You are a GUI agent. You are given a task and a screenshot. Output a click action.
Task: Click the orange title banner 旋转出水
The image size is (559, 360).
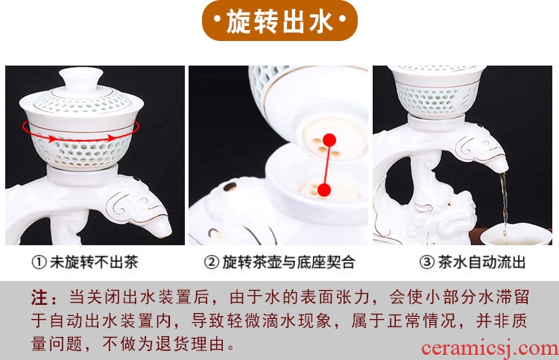[279, 21]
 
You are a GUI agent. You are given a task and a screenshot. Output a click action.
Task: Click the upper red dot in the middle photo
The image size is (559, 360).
[329, 140]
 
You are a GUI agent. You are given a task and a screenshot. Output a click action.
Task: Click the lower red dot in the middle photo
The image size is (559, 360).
[323, 190]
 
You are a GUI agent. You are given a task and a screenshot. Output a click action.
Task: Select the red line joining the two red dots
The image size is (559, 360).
[326, 165]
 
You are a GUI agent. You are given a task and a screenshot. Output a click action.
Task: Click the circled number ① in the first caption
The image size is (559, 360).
[39, 262]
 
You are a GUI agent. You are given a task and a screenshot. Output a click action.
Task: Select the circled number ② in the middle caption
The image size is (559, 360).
[212, 262]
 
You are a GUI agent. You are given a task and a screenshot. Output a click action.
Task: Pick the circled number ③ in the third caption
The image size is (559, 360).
[427, 262]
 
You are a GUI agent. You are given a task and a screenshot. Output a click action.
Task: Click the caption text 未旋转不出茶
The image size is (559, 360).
[94, 262]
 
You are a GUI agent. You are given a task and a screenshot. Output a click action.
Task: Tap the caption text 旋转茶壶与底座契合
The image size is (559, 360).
[288, 262]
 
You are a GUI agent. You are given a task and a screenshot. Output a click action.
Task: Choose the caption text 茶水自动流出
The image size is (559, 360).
[481, 262]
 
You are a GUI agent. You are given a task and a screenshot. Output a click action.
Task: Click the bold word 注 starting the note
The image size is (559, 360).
[39, 297]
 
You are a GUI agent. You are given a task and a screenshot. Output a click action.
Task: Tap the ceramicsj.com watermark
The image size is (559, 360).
[490, 348]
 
